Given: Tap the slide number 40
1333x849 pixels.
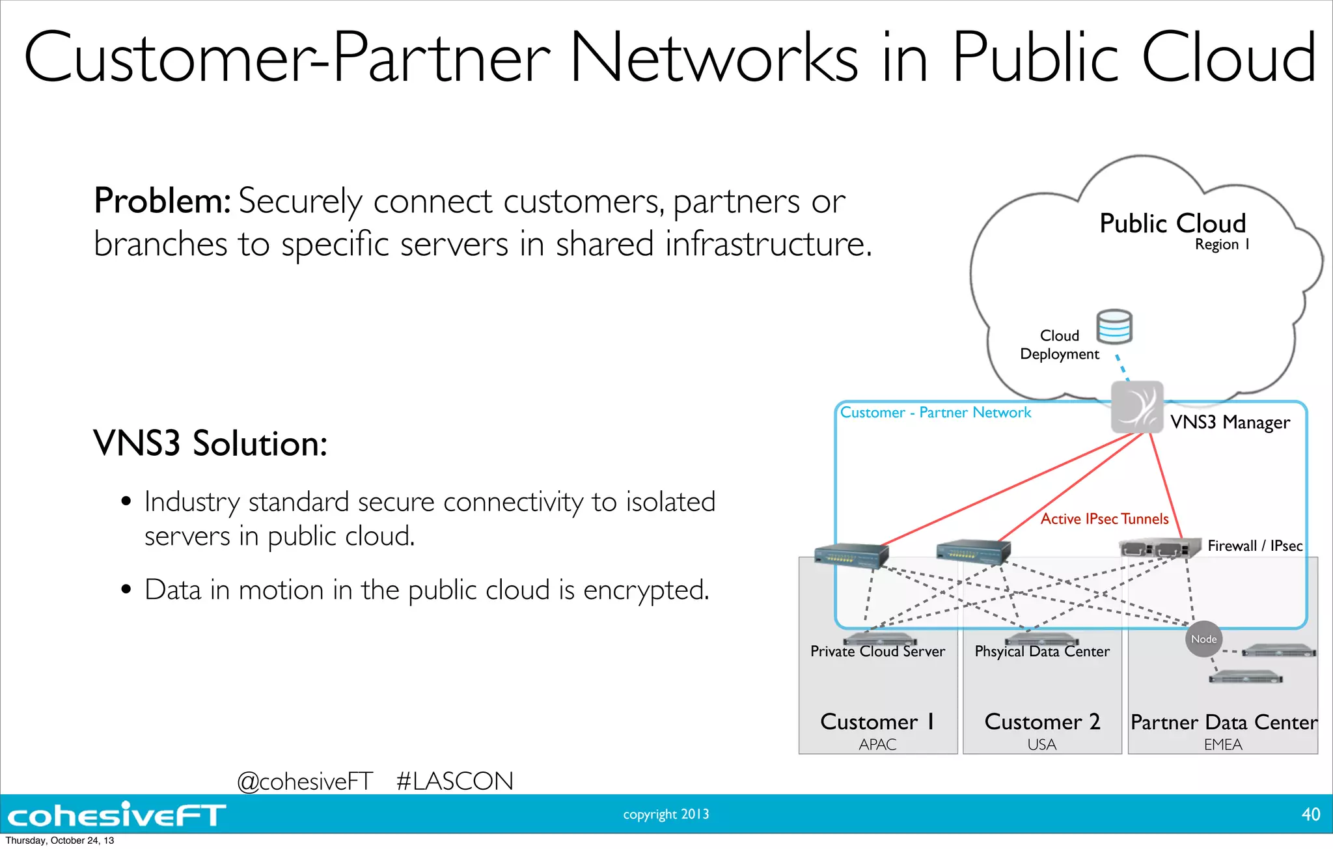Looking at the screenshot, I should point(1310,814).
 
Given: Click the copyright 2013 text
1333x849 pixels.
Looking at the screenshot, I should point(666,814).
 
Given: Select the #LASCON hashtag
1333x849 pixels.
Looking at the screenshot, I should point(454,781).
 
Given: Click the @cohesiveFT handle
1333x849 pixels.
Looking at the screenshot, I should point(305,781).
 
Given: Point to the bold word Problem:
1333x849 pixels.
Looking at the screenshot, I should point(162,201).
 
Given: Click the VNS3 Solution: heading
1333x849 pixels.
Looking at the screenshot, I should point(210,443).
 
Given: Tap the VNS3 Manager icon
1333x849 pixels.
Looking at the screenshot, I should point(1136,408).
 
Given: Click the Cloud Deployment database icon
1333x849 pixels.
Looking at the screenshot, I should point(1114,327).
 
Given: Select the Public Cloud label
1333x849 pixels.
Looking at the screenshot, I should point(1172,223).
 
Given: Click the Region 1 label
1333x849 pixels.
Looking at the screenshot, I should point(1222,245).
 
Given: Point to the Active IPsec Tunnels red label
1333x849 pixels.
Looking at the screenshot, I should point(1105,519).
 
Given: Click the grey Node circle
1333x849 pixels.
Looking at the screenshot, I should point(1203,639).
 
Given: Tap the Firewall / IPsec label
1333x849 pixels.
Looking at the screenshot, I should point(1255,546).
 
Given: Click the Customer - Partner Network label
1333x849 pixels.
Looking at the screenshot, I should point(935,412).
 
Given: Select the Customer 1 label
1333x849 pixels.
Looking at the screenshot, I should point(877,722).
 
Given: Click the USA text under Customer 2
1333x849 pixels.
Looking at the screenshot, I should point(1041,744).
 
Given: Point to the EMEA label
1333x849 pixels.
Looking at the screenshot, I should point(1222,744).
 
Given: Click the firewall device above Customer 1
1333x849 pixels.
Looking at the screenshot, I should point(851,555).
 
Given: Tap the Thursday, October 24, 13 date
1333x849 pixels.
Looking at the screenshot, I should point(60,841).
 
